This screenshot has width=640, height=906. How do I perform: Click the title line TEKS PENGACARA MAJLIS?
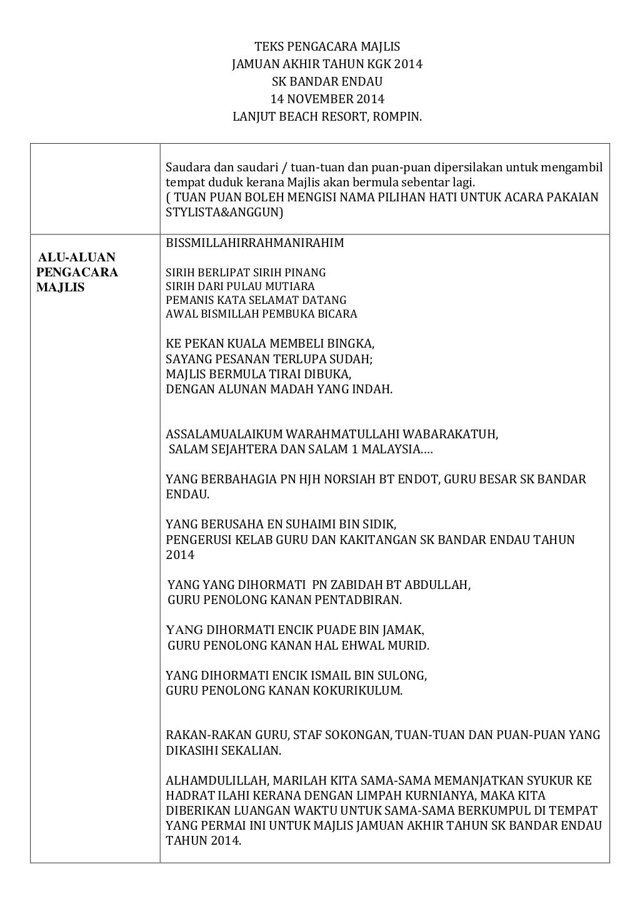327,47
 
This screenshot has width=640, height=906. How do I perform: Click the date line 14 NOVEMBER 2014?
327,99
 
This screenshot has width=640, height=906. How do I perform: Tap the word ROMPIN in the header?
397,116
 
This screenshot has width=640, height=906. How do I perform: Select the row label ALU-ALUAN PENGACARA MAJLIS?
77,273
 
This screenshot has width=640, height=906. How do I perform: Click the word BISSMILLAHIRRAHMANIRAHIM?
254,243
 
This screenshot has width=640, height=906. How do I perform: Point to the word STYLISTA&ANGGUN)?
224,213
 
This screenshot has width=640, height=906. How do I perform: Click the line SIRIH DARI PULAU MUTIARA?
240,286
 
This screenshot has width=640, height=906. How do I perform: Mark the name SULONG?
404,676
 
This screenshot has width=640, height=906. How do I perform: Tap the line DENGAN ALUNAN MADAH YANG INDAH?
279,390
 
